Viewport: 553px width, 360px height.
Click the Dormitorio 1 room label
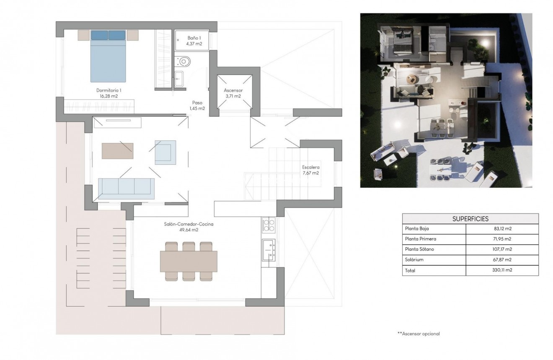[109, 93]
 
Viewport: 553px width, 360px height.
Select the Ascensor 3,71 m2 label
[233, 93]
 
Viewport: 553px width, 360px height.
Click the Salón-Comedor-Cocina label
[189, 227]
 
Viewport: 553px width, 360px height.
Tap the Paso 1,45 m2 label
[197, 105]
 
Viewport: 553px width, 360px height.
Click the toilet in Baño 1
[183, 62]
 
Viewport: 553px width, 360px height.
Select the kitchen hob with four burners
[268, 225]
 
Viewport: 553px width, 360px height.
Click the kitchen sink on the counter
[268, 247]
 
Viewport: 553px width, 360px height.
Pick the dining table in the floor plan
[189, 261]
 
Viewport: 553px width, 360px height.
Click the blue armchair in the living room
[165, 152]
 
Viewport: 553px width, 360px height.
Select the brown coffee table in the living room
[117, 151]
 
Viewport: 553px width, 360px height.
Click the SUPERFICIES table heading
[470, 219]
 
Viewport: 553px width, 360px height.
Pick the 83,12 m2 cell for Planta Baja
[503, 229]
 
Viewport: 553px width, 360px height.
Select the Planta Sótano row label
[419, 249]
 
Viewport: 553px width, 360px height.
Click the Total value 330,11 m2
[502, 270]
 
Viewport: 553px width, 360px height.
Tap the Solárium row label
[414, 260]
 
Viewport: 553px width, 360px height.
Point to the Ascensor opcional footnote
[419, 334]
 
